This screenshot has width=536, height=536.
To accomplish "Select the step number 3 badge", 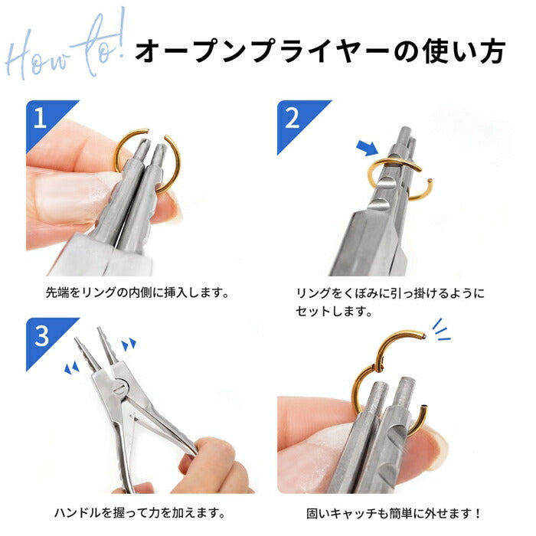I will pyautogui.click(x=40, y=332).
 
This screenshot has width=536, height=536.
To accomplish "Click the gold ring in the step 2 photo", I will pyautogui.click(x=391, y=172).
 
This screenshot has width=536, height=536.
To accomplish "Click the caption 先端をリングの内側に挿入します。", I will pyautogui.click(x=138, y=293).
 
